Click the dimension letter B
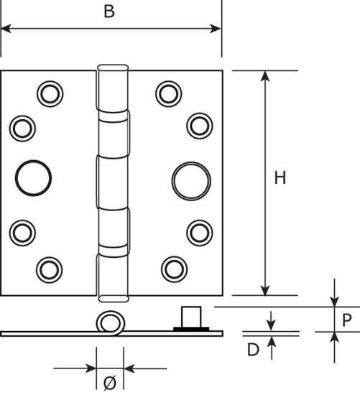point(109,11)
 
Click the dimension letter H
point(280,177)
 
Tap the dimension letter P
point(347,320)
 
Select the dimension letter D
point(253,350)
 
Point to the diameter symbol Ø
point(110,382)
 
